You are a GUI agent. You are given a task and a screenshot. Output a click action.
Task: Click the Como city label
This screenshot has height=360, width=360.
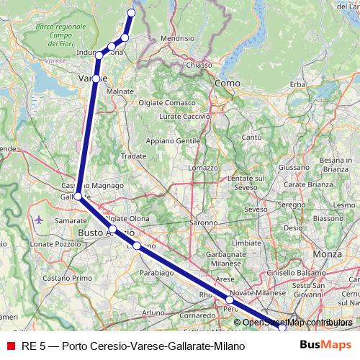(x=228, y=84)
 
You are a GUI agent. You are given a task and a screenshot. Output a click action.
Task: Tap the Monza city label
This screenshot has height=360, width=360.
(x=328, y=256)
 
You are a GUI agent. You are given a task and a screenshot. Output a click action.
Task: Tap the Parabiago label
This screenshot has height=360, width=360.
(x=155, y=274)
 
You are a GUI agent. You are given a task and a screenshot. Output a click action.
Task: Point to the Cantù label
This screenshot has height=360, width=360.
(x=251, y=137)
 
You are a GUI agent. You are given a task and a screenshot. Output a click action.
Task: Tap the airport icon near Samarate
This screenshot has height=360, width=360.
(x=38, y=219)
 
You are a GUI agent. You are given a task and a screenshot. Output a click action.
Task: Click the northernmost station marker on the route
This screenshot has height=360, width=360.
(x=131, y=12)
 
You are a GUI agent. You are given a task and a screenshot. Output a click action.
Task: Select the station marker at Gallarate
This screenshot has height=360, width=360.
(x=78, y=195)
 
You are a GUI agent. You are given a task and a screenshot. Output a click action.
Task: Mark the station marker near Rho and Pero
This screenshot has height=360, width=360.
(x=230, y=300)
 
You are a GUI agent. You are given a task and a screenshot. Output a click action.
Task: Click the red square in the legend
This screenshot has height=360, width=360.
(x=9, y=346)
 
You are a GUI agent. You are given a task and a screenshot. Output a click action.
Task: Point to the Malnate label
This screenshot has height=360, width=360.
(x=120, y=92)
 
